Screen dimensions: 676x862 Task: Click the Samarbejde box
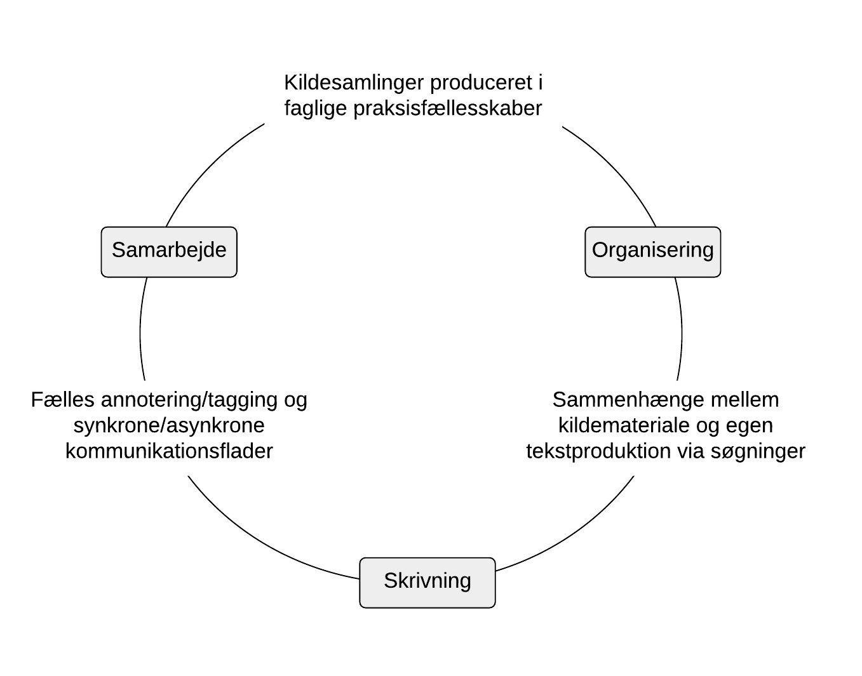tap(169, 251)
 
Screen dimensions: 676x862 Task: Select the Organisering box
tap(652, 251)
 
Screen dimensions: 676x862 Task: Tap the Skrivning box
tap(427, 582)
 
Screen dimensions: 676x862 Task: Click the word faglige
tap(315, 109)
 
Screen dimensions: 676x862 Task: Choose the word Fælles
tap(62, 400)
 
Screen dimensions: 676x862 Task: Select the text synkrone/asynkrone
tap(169, 425)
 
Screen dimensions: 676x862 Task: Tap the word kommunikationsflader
tap(169, 451)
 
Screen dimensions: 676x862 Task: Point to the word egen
tap(751, 425)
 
